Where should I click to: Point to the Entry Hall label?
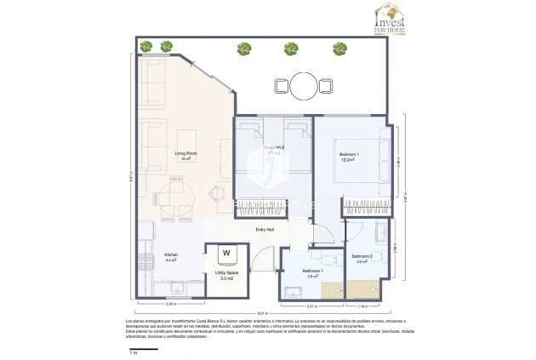[x=265, y=230]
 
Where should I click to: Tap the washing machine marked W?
[x=227, y=253]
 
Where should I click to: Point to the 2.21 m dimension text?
[x=311, y=306]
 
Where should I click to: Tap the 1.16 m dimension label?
[x=361, y=306]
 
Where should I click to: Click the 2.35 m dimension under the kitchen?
[x=169, y=304]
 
